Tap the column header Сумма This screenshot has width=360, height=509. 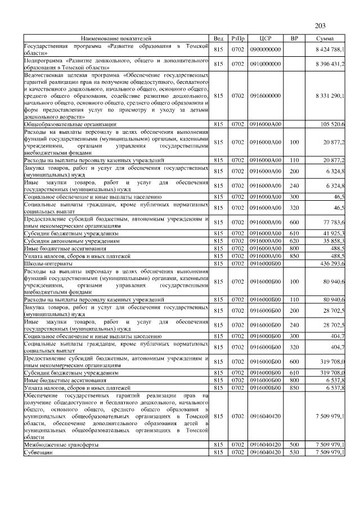[x=326, y=38]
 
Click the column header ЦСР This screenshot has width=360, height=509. [x=266, y=38]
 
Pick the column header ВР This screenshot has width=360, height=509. [x=294, y=38]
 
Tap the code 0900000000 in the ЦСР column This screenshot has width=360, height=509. [x=265, y=49]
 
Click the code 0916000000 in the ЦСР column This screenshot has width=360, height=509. [x=265, y=96]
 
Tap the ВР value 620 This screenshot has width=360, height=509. [x=294, y=241]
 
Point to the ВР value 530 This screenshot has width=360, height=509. [x=294, y=452]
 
